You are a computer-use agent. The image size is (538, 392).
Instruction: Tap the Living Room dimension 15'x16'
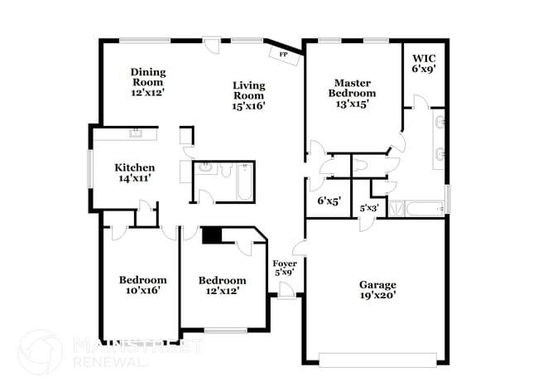click(248, 105)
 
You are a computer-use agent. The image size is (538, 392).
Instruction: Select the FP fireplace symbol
click(283, 54)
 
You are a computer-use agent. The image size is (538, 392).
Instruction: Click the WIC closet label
click(424, 60)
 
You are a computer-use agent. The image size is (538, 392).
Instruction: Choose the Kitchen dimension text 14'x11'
click(134, 177)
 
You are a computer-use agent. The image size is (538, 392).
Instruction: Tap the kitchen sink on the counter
click(134, 133)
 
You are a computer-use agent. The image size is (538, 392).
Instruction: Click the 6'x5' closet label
click(329, 201)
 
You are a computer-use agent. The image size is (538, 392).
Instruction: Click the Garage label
click(377, 285)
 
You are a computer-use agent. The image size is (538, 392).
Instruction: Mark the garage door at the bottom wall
click(378, 360)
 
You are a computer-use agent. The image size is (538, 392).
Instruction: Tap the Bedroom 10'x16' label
click(142, 280)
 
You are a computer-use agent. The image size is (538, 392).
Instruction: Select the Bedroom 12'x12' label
click(222, 280)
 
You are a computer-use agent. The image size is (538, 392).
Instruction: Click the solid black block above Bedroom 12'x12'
click(212, 236)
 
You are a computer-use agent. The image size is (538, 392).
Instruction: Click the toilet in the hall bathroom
click(226, 172)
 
